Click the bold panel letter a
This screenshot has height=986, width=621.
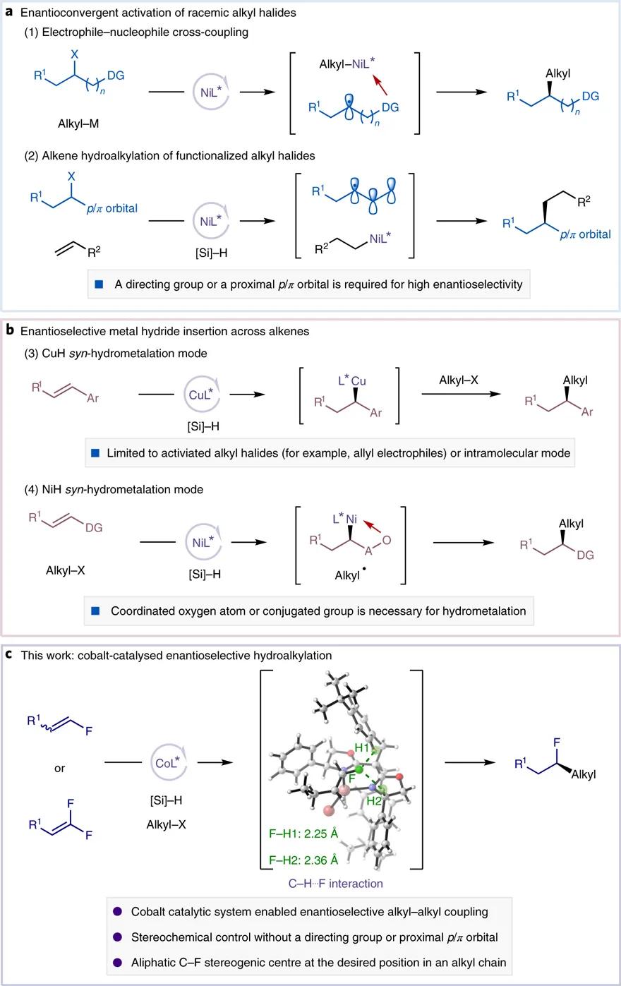pyautogui.click(x=9, y=11)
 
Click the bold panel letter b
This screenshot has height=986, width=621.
pyautogui.click(x=10, y=330)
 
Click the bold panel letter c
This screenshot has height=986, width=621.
pyautogui.click(x=9, y=654)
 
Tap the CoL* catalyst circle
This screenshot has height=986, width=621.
pyautogui.click(x=167, y=762)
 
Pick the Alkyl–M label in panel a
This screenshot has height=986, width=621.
pyautogui.click(x=78, y=124)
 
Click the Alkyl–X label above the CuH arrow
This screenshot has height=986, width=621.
pyautogui.click(x=458, y=380)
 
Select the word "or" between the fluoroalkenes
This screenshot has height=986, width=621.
pyautogui.click(x=59, y=768)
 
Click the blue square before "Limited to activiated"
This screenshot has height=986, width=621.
pyautogui.click(x=96, y=453)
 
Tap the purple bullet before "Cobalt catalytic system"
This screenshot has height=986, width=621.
pyautogui.click(x=117, y=912)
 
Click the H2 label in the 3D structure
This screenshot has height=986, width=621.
pyautogui.click(x=375, y=800)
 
